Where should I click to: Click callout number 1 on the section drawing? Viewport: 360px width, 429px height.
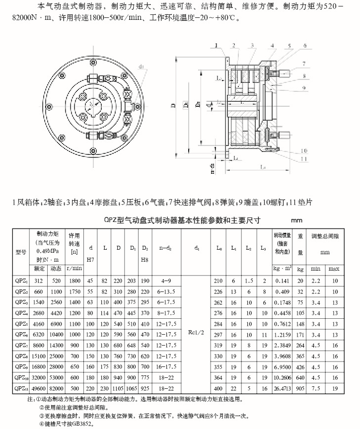[x=216, y=45]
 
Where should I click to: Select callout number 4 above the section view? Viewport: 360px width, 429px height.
[x=273, y=45]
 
